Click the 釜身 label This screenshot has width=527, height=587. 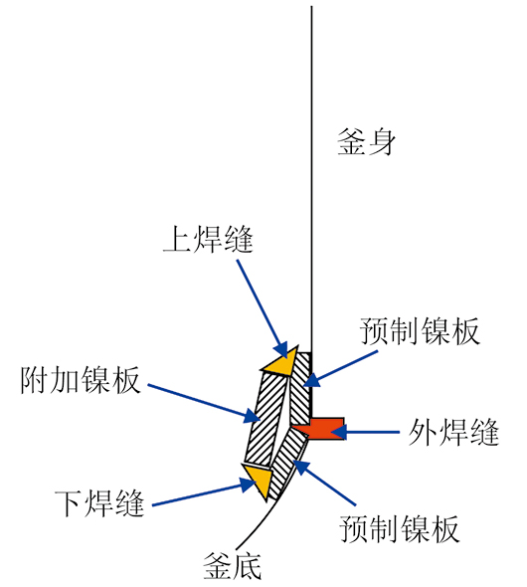pos(366,142)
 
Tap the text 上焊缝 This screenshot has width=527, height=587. pos(209,239)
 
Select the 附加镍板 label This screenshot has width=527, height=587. pos(81,380)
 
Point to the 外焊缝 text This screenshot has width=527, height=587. pos(453,432)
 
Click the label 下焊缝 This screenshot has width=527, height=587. pos(99,503)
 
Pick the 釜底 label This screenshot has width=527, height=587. pos(232,566)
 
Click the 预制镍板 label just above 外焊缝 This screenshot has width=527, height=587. pos(420,331)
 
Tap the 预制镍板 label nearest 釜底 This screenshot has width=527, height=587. pos(400,529)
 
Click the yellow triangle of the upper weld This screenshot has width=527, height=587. pos(282,362)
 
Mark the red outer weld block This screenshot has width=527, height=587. pos(321,429)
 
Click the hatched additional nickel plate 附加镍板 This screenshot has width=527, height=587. pos(266,420)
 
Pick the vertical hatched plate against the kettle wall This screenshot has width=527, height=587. pos(300,388)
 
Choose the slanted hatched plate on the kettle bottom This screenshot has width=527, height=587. pos(287,464)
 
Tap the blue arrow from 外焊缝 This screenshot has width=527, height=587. pos(366,432)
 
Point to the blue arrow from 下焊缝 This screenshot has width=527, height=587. pos(204,493)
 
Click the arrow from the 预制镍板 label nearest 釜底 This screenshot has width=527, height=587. pos(324,484)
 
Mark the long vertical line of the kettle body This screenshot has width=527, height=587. pos(311,180)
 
